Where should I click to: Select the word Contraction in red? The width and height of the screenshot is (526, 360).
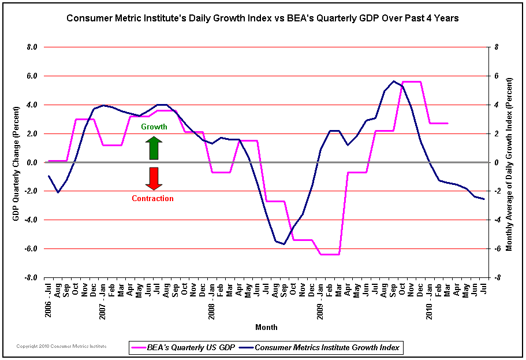[152, 198]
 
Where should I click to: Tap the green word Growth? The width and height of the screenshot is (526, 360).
[154, 127]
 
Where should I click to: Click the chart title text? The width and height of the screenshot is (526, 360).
[263, 17]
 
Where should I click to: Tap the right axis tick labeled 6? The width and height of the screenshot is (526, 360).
[496, 76]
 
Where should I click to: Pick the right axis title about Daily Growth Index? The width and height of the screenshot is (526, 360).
[509, 162]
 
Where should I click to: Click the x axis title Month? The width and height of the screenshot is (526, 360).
[266, 327]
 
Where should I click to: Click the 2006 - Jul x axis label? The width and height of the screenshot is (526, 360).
[49, 298]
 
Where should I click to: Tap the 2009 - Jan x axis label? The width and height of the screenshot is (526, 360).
[320, 298]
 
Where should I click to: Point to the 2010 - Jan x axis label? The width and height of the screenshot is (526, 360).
[430, 298]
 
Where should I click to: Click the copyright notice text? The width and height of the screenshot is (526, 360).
[53, 346]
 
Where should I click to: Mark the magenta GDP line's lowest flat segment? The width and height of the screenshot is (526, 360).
[330, 254]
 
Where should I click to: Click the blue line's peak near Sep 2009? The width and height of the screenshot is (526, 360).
[393, 81]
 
